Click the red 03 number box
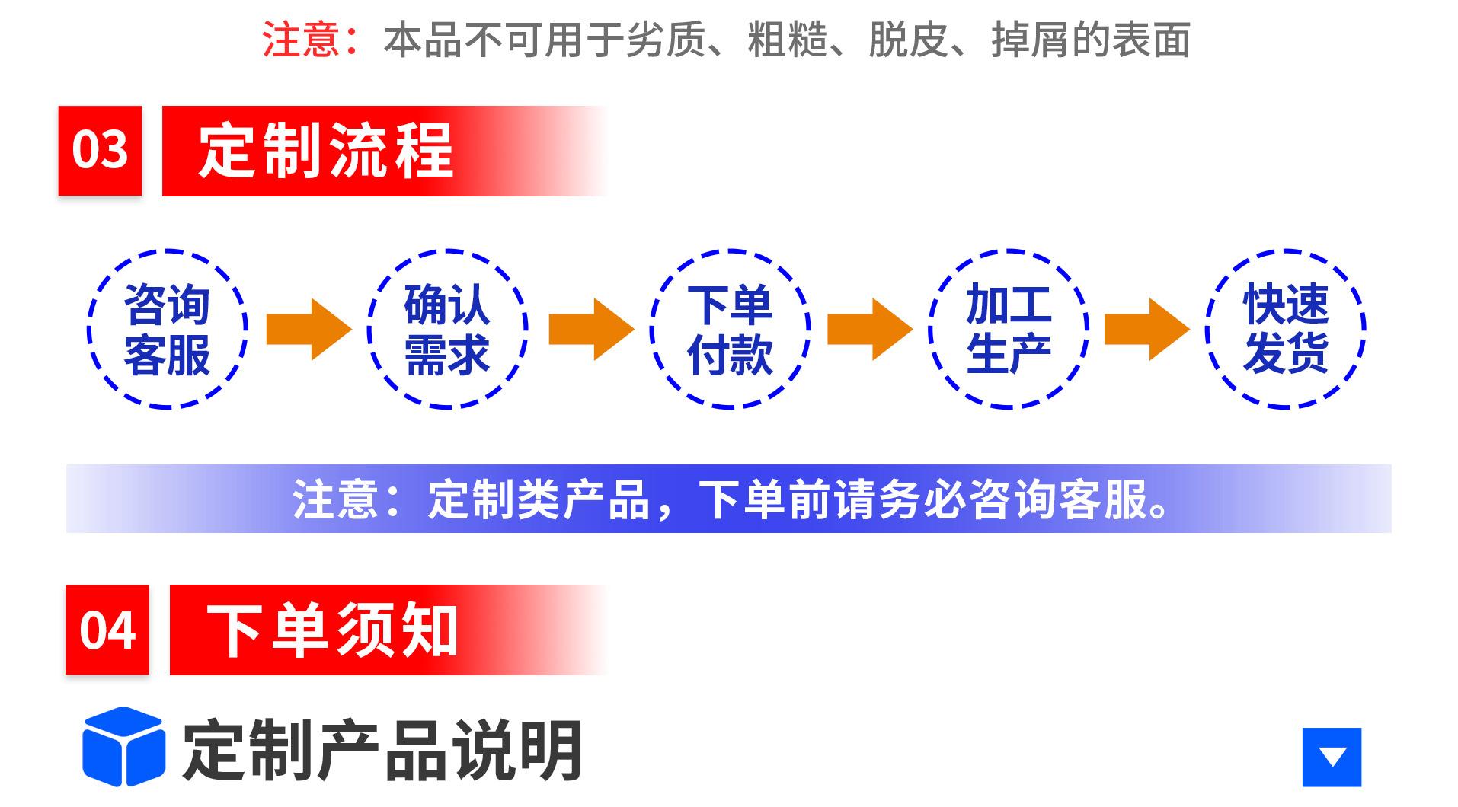coord(100,150)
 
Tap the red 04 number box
coord(107,630)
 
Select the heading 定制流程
coord(325,151)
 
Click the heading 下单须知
coord(332,630)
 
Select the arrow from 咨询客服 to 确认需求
coord(309,329)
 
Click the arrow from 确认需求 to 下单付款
coord(591,329)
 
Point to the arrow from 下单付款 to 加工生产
coord(870,329)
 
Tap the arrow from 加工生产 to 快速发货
coord(1147,329)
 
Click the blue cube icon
coord(123,747)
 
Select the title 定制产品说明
coord(382,750)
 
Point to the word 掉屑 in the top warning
coord(1031,40)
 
